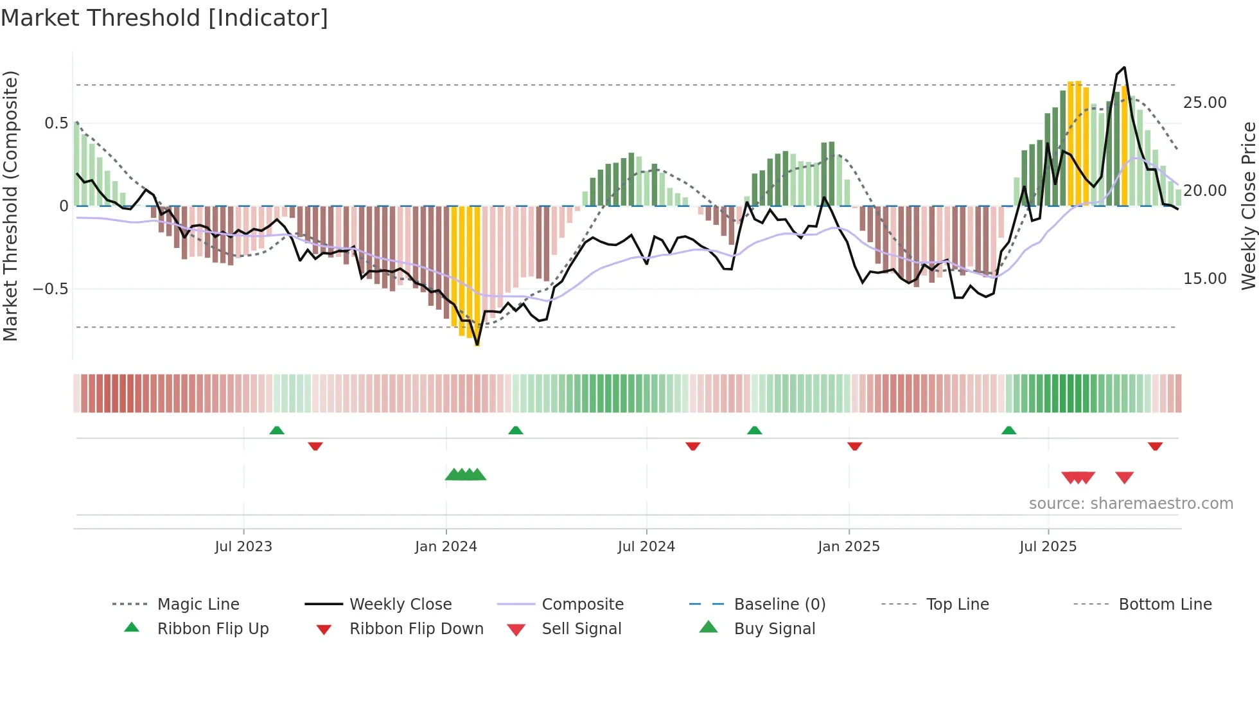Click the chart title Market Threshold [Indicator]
click(164, 18)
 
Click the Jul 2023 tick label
click(243, 547)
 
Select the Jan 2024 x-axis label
click(446, 547)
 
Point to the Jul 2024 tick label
click(646, 547)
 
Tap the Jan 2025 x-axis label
click(849, 547)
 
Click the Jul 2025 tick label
click(1048, 547)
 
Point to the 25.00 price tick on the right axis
click(1204, 103)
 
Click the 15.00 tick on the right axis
click(1204, 279)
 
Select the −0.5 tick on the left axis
click(51, 289)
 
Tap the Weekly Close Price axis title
click(1248, 206)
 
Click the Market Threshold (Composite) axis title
click(10, 206)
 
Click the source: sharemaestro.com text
click(1131, 504)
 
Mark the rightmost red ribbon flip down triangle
click(1155, 446)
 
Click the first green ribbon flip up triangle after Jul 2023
click(277, 430)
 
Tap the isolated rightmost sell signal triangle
click(1124, 477)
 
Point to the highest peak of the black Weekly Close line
click(1124, 67)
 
